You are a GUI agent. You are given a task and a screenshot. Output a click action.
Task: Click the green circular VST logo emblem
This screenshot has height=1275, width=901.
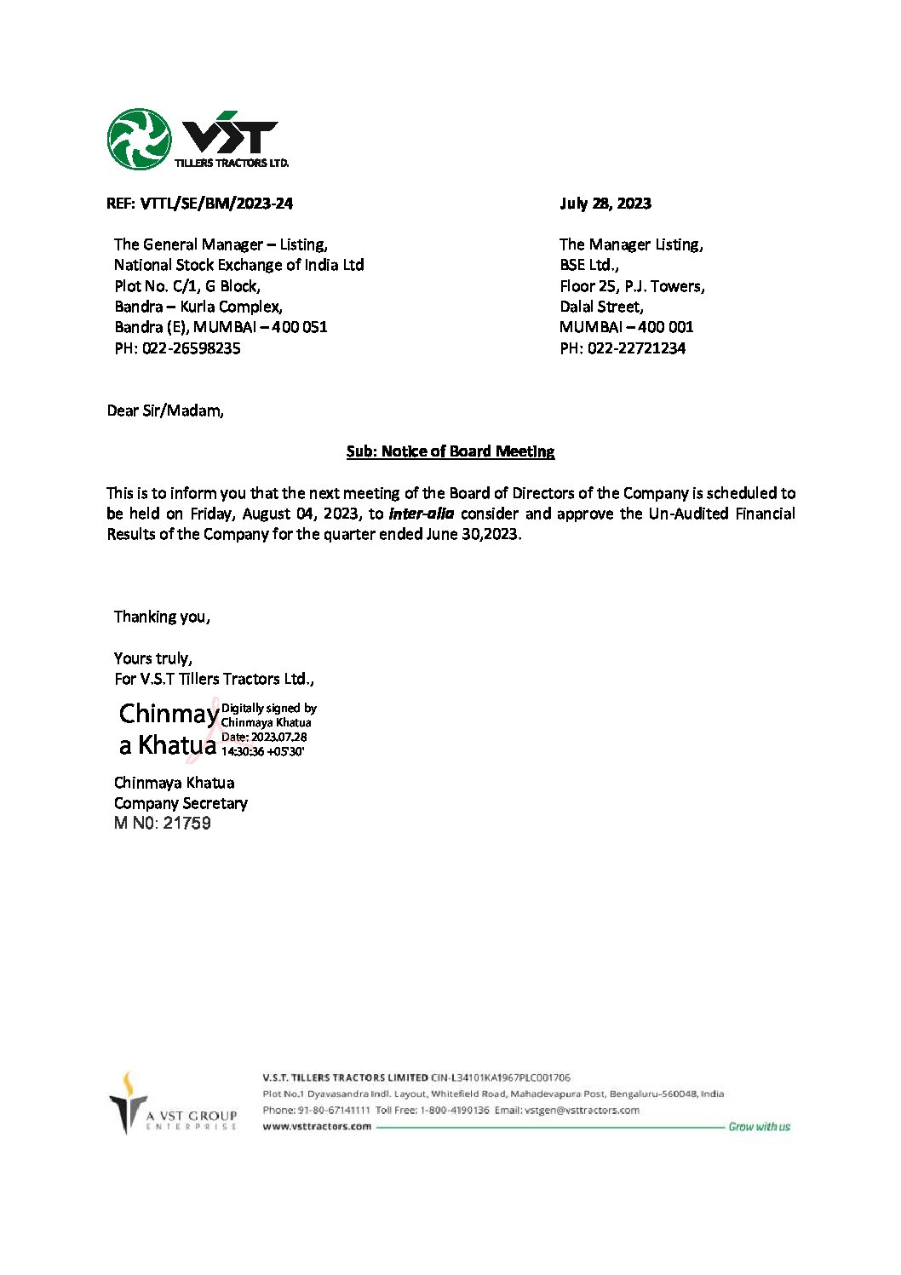tap(139, 139)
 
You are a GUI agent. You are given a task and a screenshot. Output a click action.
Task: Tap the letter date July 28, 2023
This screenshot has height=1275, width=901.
tap(605, 204)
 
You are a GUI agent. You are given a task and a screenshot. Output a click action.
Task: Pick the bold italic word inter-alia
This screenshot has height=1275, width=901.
tap(422, 514)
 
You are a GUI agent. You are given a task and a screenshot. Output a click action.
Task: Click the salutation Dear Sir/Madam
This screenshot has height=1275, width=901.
tap(165, 411)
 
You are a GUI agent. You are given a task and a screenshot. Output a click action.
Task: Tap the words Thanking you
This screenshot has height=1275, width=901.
tap(162, 617)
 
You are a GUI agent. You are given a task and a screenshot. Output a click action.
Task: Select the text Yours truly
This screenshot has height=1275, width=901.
tap(153, 658)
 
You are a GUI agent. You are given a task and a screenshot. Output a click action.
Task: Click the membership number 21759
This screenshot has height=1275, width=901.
tap(187, 824)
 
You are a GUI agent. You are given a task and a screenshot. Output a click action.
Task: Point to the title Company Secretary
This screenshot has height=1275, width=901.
tap(181, 803)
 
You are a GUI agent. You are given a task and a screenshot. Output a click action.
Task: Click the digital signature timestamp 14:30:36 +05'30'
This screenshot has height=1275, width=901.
tap(263, 752)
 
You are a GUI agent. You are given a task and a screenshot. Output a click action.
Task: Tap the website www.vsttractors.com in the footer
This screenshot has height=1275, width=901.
tap(317, 1126)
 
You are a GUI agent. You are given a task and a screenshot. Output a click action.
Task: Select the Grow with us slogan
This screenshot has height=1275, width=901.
tap(759, 1127)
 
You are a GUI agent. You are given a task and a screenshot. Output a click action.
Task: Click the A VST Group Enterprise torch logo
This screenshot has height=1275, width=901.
tap(129, 1103)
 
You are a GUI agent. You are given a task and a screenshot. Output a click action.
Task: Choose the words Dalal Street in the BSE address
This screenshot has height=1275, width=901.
tap(601, 307)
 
